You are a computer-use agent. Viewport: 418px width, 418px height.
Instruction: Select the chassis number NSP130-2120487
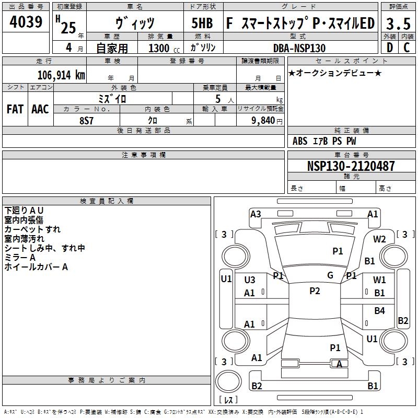(351, 167)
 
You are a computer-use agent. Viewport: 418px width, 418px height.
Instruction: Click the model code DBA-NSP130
(299, 48)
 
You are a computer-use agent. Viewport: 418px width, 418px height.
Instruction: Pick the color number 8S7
(87, 120)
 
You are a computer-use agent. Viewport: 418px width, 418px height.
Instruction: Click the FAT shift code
(15, 109)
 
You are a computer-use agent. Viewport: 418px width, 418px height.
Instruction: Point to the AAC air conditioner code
(40, 109)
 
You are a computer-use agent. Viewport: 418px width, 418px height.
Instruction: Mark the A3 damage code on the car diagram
(256, 214)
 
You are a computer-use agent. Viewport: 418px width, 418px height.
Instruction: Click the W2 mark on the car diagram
(379, 239)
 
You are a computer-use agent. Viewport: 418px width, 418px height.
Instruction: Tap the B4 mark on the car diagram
(379, 311)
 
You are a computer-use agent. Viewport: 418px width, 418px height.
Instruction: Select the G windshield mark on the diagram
(330, 275)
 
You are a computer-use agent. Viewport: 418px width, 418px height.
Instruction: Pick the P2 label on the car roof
(315, 291)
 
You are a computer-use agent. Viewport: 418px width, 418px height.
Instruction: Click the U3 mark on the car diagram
(250, 280)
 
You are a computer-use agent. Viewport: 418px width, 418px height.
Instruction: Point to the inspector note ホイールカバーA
(37, 267)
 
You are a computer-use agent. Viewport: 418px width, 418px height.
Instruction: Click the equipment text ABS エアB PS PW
(325, 141)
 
